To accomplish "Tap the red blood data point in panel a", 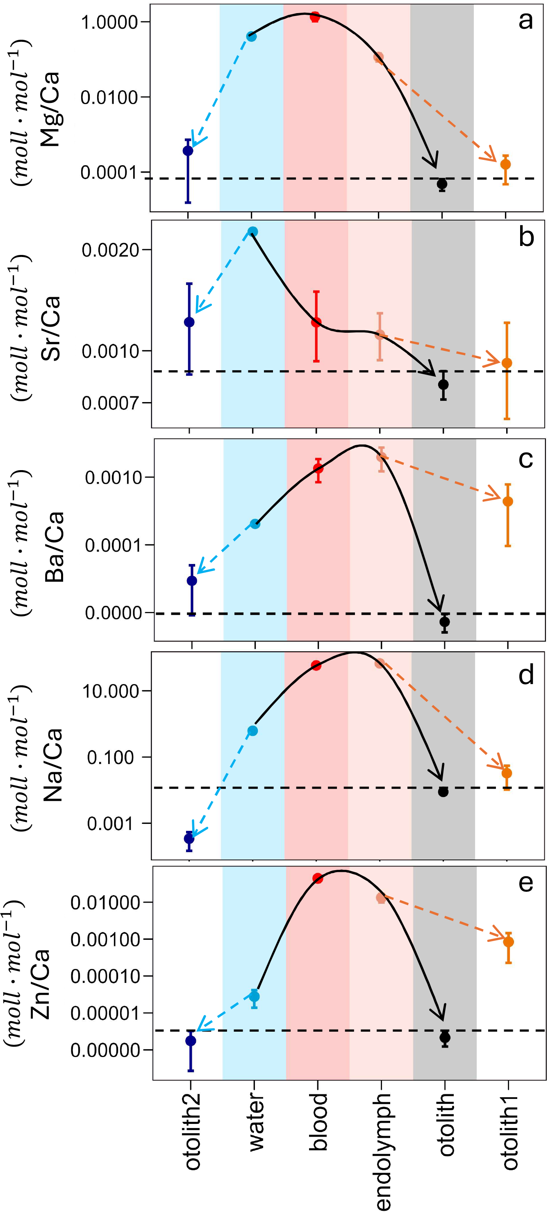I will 315,17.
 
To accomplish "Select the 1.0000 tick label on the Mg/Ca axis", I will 109,22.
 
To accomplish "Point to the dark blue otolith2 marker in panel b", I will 189,322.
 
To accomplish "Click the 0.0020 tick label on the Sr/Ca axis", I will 111,250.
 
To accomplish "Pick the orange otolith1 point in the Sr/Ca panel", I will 507,363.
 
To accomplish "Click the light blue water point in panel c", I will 255,524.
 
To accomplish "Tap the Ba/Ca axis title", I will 54,547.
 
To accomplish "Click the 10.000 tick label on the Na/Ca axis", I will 111,691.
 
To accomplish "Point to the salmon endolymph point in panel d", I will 380,664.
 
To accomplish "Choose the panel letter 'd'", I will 526,675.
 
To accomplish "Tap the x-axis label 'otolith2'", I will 192,1132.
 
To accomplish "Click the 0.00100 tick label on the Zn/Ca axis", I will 105,939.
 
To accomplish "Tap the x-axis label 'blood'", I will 318,1123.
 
